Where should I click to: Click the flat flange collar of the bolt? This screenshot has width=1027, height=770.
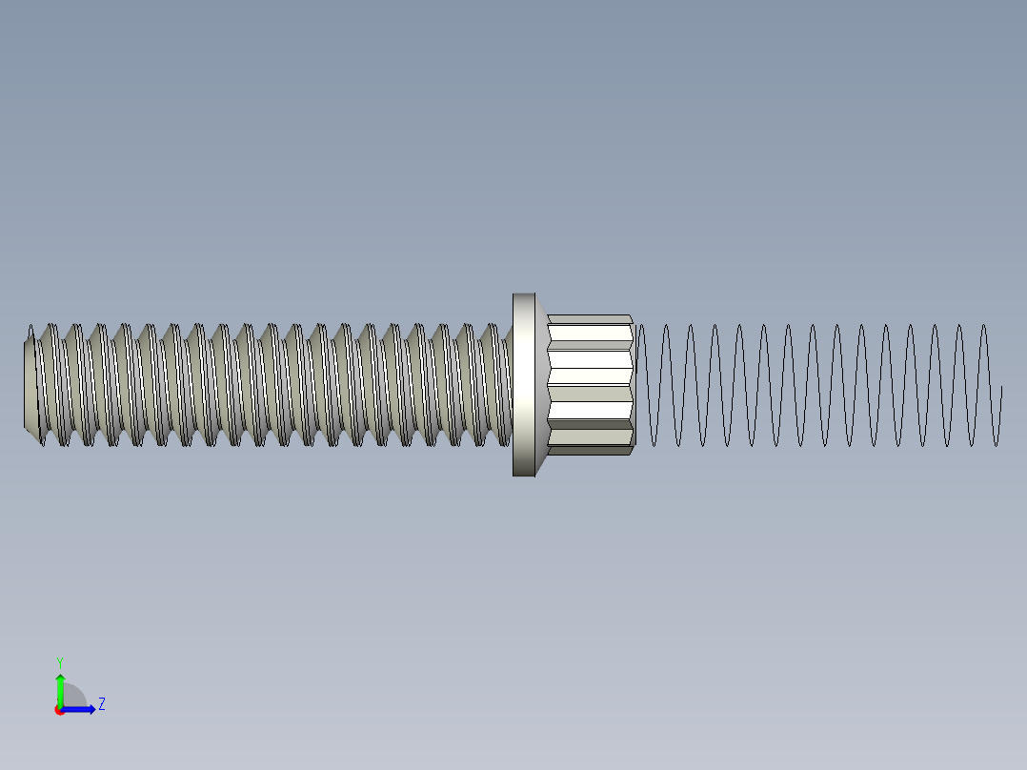coord(523,384)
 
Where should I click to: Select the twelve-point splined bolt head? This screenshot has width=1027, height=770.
coord(591,384)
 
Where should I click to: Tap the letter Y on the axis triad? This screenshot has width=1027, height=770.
coord(59,661)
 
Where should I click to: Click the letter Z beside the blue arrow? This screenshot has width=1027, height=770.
coord(102,704)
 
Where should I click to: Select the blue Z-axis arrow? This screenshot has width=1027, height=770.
coord(80,709)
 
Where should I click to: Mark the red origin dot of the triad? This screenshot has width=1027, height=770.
coord(59,710)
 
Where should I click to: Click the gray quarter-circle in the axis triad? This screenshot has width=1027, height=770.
coord(75,697)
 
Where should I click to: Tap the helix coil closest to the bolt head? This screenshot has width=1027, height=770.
coord(643,384)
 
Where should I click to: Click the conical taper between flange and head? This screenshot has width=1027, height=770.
coord(542,384)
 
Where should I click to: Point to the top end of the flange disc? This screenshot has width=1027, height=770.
coord(523,298)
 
